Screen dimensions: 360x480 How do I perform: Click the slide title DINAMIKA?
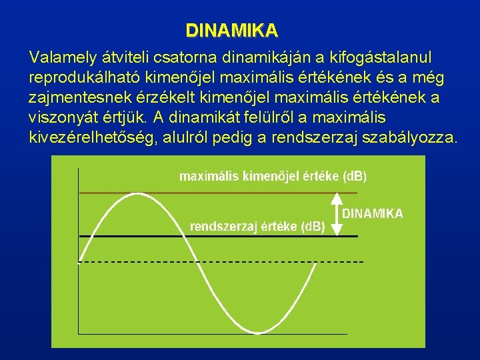[x=231, y=31]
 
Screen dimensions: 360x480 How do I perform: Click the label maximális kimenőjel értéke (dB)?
[x=273, y=177]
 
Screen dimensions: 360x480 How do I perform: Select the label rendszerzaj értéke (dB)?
[x=257, y=226]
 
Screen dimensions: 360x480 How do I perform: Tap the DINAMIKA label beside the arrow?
[x=373, y=213]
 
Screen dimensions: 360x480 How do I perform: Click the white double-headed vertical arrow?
[x=337, y=214]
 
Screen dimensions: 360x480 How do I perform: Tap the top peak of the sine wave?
[x=138, y=194]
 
